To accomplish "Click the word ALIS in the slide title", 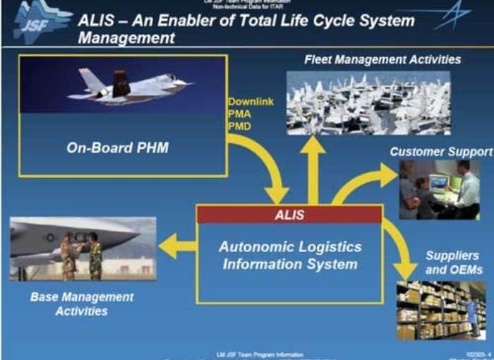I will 99,20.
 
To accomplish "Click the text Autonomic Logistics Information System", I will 289,256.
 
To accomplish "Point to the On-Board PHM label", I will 122,149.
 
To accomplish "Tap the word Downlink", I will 250,102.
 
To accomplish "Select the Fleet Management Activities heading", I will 382,59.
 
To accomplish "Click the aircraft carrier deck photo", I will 368,103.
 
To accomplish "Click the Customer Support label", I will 441,152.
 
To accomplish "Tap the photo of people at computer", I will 438,190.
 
